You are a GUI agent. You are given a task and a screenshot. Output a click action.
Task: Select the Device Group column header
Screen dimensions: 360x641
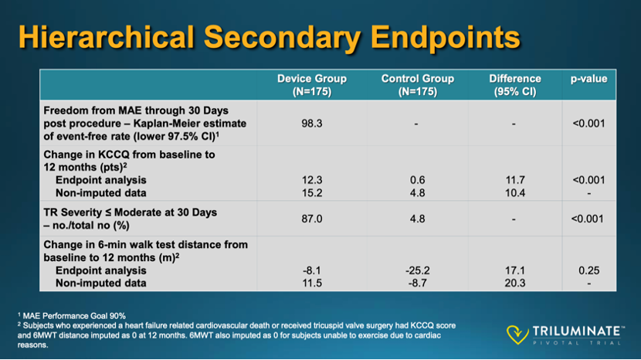click(x=312, y=85)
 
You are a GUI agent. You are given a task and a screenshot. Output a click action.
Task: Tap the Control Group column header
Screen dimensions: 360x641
click(x=417, y=85)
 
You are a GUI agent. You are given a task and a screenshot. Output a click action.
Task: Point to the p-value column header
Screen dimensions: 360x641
click(x=588, y=79)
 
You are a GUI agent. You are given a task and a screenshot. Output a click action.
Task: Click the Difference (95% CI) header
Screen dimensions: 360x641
click(x=515, y=85)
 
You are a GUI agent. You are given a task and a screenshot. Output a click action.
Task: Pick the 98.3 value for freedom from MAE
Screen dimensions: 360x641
click(x=312, y=123)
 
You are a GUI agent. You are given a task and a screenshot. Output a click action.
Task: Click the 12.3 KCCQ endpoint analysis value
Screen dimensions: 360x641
click(x=312, y=180)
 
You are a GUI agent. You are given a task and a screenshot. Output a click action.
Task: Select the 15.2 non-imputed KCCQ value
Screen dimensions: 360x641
click(x=312, y=192)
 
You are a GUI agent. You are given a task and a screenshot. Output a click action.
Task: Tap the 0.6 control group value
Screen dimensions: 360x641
click(x=417, y=180)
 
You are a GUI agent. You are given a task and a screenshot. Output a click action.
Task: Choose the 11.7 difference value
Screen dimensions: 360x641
click(x=515, y=180)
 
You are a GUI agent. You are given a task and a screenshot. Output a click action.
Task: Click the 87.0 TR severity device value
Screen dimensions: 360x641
click(x=312, y=219)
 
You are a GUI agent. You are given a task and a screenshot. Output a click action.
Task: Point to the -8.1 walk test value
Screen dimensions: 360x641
click(x=312, y=270)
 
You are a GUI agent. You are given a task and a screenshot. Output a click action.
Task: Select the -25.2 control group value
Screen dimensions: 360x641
click(x=417, y=270)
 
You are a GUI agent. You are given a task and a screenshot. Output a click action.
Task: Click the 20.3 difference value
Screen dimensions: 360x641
click(x=515, y=283)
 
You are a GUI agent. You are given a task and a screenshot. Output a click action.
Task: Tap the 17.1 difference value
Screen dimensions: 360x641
click(x=515, y=270)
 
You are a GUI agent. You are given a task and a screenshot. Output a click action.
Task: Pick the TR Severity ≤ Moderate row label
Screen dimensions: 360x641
click(x=130, y=212)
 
